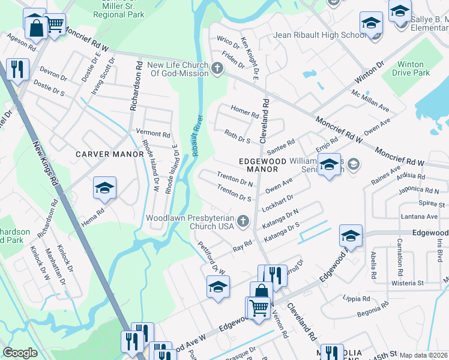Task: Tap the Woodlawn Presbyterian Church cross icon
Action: (x=243, y=222)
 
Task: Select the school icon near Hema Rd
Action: (x=104, y=189)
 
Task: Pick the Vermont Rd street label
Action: (x=154, y=133)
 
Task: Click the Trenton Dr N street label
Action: (x=235, y=178)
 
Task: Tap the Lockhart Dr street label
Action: (x=277, y=200)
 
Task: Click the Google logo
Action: (x=20, y=353)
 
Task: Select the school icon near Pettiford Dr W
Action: (x=217, y=286)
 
